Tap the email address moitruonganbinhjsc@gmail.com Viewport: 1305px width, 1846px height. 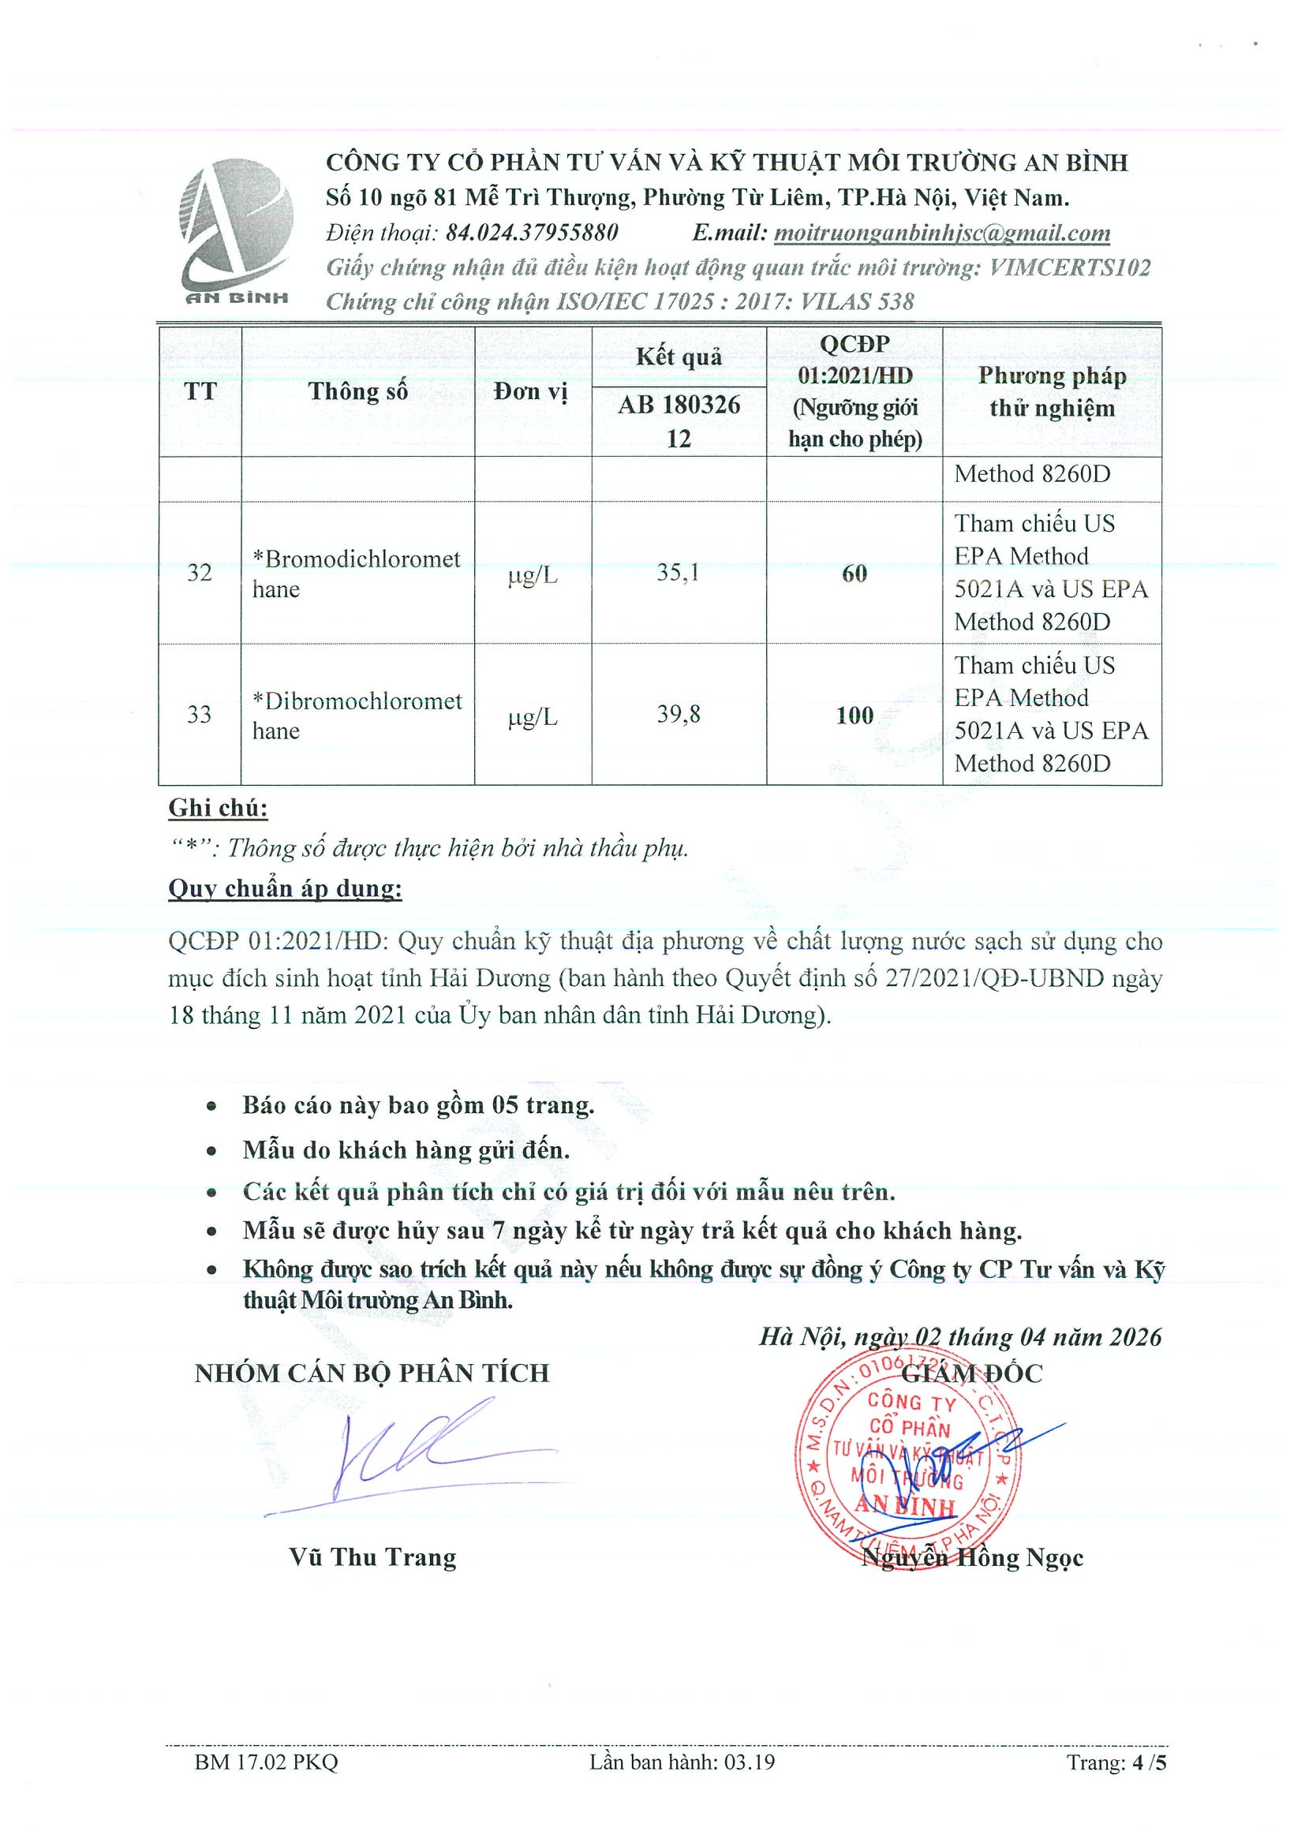coord(941,234)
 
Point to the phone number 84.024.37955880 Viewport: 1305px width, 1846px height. coord(532,234)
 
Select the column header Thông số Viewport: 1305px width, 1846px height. coord(357,391)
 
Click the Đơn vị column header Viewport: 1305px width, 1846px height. coord(532,391)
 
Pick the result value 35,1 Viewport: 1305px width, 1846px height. coord(678,573)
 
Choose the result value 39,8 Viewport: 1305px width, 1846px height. coord(678,714)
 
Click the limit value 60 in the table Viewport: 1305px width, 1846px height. coord(854,574)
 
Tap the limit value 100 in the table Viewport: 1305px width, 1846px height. coord(854,715)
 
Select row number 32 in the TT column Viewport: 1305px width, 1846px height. coord(200,573)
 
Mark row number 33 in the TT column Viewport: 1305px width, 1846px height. coord(200,714)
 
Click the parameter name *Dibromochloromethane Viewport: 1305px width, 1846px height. coord(356,715)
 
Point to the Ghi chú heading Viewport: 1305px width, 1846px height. coord(218,808)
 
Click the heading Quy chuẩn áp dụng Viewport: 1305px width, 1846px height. coord(285,888)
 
